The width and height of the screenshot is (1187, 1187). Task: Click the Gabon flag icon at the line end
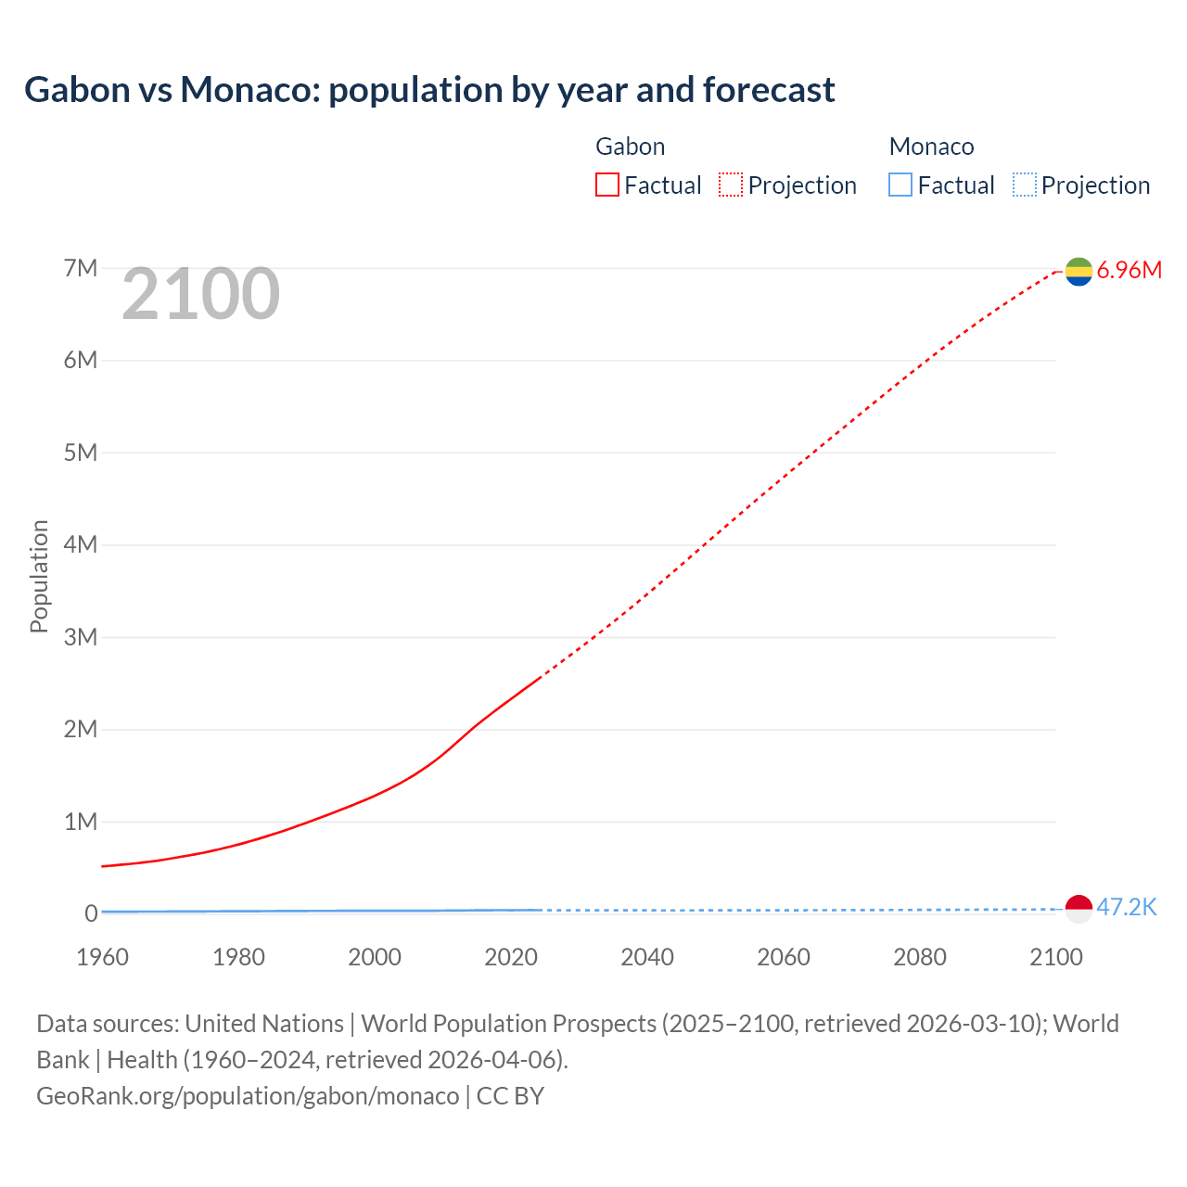click(1079, 271)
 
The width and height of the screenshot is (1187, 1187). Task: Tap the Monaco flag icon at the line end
click(1079, 909)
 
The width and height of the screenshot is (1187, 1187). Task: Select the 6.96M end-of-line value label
click(1129, 271)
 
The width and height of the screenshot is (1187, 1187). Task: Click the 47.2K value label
click(1126, 908)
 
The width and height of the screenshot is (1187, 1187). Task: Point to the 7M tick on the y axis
click(81, 269)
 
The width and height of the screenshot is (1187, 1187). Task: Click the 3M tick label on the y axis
click(81, 637)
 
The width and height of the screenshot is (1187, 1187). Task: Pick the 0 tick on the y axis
click(91, 913)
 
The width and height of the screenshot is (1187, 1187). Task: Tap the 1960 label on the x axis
click(102, 957)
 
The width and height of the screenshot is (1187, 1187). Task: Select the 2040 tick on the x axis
click(647, 957)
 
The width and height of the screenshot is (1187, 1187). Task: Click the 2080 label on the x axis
click(919, 957)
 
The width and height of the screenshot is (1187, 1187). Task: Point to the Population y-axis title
click(39, 576)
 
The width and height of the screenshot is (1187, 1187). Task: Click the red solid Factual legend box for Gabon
click(607, 185)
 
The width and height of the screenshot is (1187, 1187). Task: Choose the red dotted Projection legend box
click(731, 185)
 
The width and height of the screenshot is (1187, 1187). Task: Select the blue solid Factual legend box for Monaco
click(900, 185)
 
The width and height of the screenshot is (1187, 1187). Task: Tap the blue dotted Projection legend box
click(1024, 185)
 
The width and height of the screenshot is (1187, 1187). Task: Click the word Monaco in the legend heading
click(931, 147)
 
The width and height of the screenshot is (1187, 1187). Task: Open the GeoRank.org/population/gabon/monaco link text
click(248, 1096)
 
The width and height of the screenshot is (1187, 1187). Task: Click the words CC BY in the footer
click(510, 1096)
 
